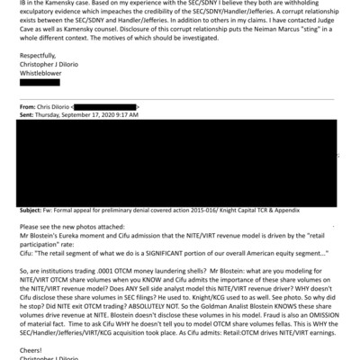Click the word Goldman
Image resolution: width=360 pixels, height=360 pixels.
point(231,306)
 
